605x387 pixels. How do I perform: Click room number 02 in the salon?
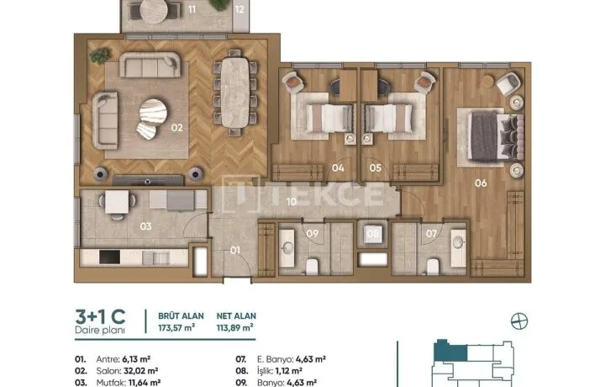176,127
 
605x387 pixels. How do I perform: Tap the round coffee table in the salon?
153,112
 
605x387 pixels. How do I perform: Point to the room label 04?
338,168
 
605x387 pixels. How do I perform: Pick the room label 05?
375,168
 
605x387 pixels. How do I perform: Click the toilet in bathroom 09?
312,267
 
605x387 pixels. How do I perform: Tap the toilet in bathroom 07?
433,267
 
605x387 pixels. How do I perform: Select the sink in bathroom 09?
287,248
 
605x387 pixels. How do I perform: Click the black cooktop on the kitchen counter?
109,257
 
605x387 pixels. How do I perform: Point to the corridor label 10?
292,201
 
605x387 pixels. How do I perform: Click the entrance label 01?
235,250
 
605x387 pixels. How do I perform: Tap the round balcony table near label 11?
154,11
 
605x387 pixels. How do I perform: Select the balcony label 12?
239,9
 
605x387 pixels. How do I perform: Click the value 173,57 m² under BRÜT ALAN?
176,328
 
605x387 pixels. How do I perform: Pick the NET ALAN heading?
236,316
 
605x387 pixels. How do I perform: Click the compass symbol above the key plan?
519,321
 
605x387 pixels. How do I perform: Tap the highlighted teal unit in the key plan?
450,353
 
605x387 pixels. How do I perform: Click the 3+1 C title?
100,316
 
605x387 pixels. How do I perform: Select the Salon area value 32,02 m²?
141,371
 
